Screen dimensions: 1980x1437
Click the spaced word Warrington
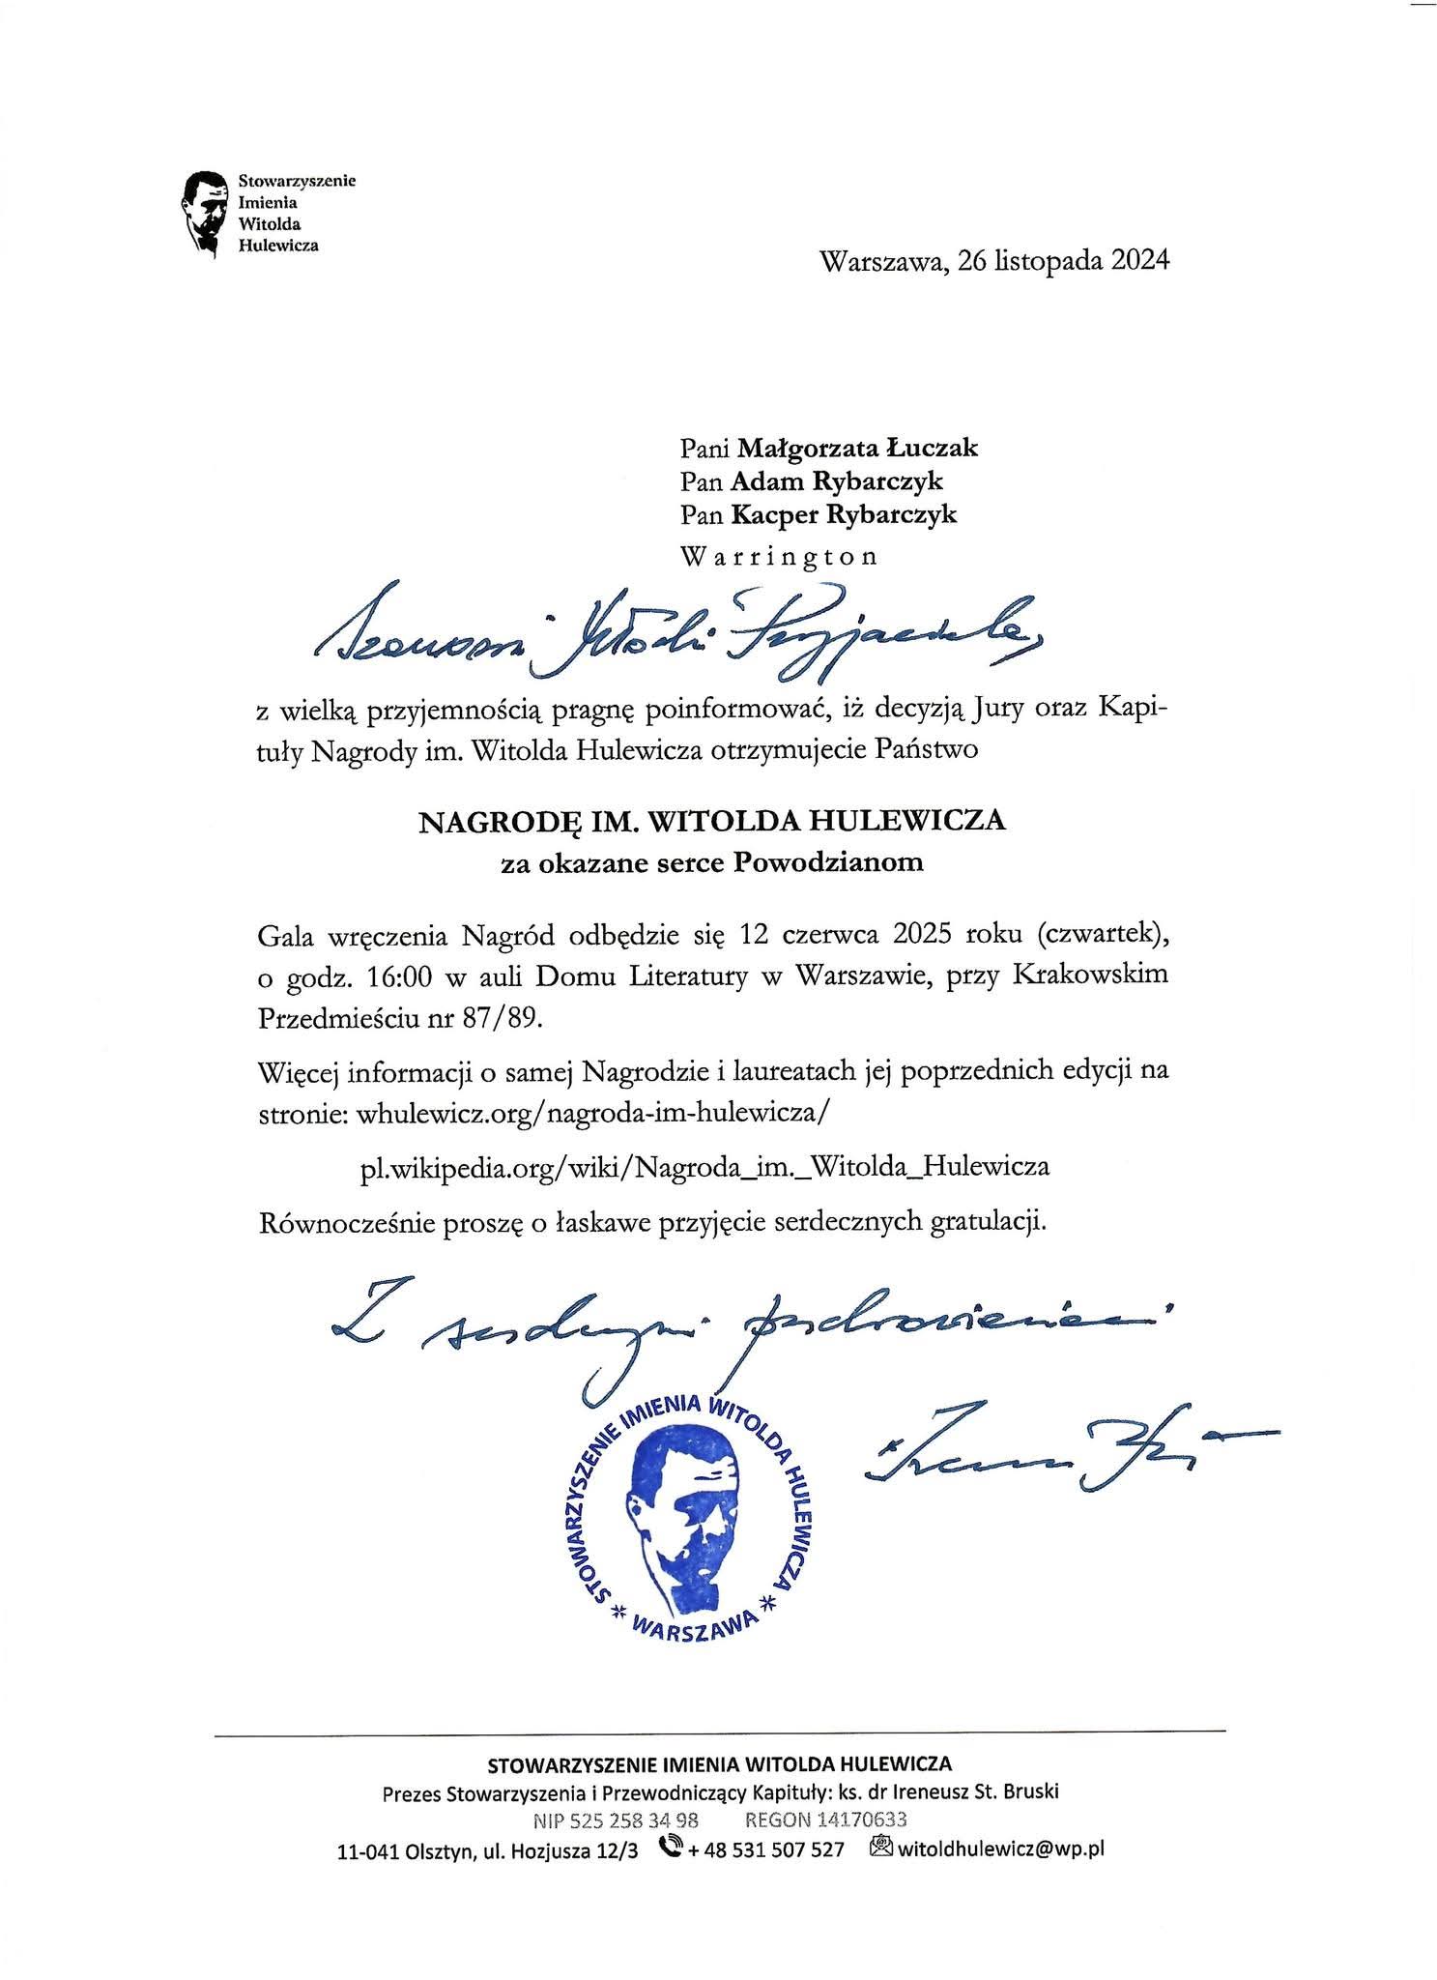point(779,557)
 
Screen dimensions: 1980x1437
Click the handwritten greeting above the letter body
point(676,633)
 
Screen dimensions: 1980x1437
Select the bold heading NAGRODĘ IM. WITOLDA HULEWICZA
point(711,821)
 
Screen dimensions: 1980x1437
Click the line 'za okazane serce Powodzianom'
point(711,861)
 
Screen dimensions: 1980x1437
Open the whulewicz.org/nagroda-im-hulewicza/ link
point(592,1112)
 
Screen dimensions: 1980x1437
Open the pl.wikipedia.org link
point(704,1166)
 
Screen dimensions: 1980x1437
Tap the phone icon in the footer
point(668,1848)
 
